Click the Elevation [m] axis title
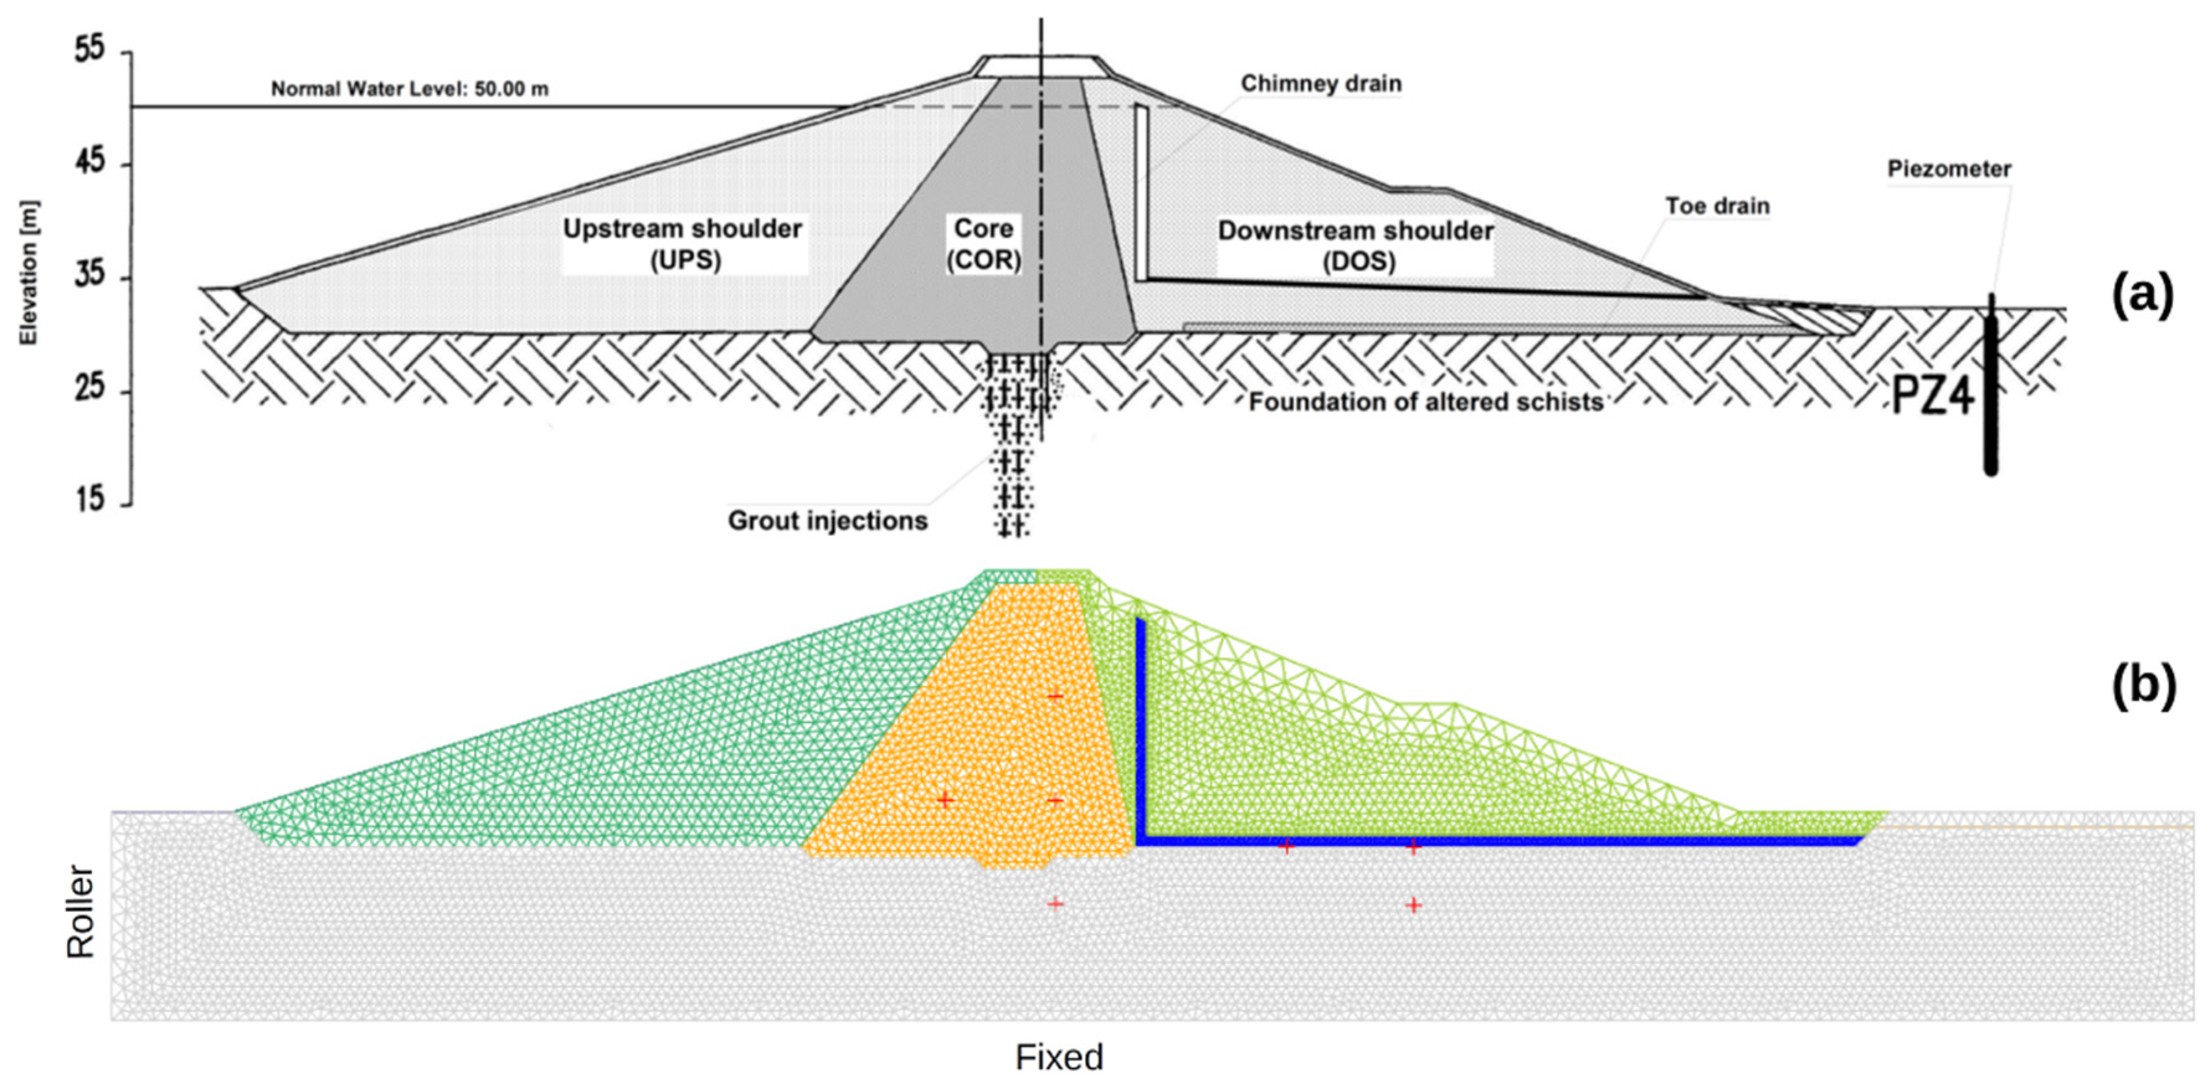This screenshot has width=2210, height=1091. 30,274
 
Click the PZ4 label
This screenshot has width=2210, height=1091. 1933,396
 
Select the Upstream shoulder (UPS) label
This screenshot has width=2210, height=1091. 682,244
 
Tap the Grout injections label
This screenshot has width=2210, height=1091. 827,520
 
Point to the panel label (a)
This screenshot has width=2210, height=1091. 2142,294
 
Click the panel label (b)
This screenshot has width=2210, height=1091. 2142,686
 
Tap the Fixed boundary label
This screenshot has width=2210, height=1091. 1059,1058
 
